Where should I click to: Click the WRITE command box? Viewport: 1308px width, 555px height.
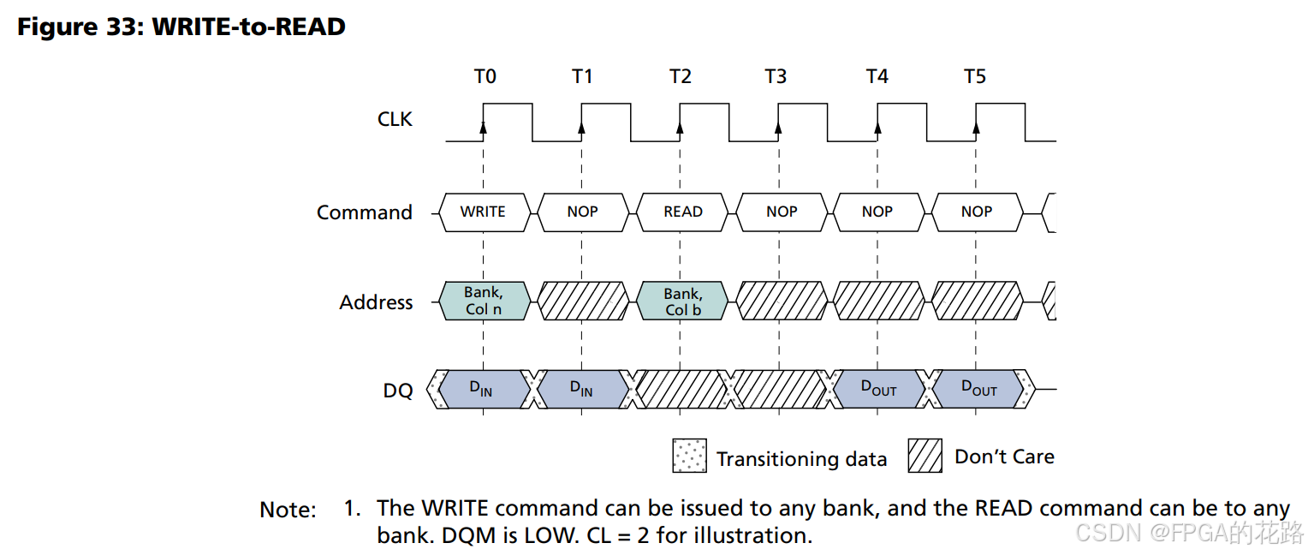(484, 212)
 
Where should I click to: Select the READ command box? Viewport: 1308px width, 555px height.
(682, 212)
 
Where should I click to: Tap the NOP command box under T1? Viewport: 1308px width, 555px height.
(583, 212)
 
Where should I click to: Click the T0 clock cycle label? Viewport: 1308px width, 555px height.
(485, 76)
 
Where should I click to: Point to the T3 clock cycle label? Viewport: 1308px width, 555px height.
(776, 76)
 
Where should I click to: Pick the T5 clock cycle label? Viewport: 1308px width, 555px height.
(974, 76)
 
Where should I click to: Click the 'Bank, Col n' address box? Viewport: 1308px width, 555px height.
(484, 301)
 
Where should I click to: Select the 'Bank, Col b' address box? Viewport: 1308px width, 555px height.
(682, 301)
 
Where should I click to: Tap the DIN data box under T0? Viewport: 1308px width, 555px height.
(484, 389)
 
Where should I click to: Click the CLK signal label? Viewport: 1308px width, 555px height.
(395, 119)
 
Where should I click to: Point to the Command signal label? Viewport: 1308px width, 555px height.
(365, 212)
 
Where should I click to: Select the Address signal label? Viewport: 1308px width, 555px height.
(376, 302)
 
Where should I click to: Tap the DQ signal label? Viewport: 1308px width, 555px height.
(398, 391)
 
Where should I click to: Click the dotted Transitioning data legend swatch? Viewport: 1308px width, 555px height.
(690, 456)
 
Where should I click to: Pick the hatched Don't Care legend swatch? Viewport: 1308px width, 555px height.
(925, 456)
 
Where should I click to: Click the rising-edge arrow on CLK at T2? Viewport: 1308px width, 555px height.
(680, 128)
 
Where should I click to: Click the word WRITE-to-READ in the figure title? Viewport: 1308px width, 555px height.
(249, 27)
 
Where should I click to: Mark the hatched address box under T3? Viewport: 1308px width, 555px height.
(782, 301)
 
